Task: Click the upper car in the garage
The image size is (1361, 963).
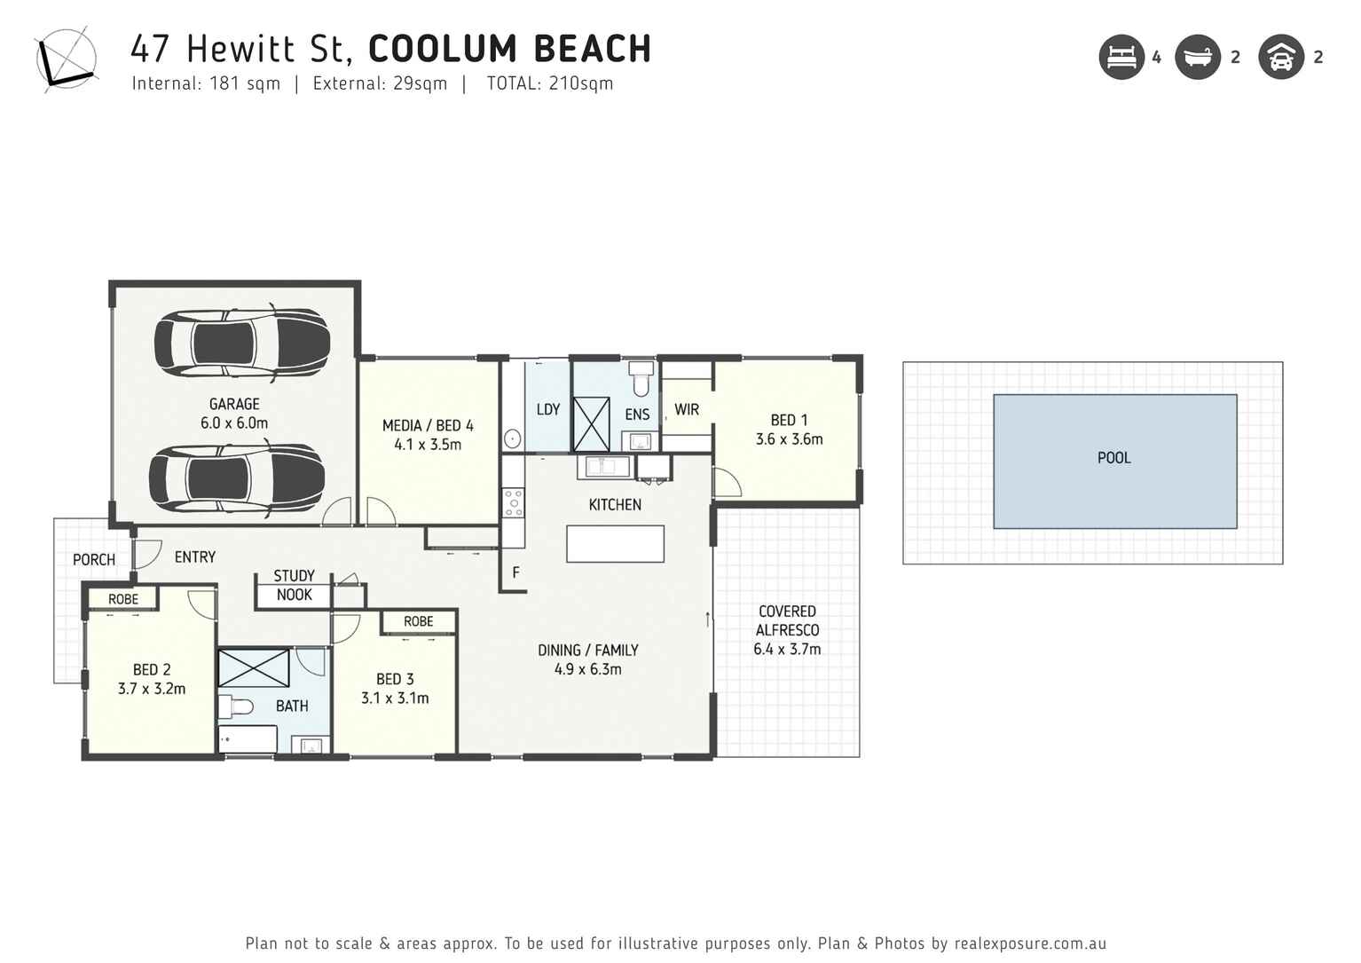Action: (x=241, y=342)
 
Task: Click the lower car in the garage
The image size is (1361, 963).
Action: (x=236, y=478)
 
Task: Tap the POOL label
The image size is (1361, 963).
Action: (x=1113, y=458)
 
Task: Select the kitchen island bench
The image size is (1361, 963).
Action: (x=615, y=544)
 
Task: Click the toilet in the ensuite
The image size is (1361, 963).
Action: (x=641, y=379)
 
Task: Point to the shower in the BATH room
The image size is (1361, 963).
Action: (x=254, y=667)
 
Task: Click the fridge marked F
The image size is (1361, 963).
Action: (x=515, y=573)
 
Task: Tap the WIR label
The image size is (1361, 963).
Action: (x=686, y=409)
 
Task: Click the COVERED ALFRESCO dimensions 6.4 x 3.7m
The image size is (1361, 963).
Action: (x=787, y=649)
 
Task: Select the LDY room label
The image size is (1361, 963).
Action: (x=547, y=409)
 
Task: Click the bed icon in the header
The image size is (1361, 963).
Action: (x=1121, y=58)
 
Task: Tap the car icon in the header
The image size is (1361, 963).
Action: (x=1280, y=58)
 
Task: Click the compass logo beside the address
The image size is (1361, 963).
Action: (x=65, y=58)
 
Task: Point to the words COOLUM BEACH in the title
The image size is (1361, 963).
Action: (x=509, y=49)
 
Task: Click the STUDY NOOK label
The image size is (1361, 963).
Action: (x=294, y=586)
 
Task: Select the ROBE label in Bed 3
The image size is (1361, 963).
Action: (x=418, y=621)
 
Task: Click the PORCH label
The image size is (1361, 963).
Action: (x=93, y=560)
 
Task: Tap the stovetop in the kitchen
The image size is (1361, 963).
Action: (x=513, y=502)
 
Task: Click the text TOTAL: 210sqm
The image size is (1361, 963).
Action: (x=549, y=83)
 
